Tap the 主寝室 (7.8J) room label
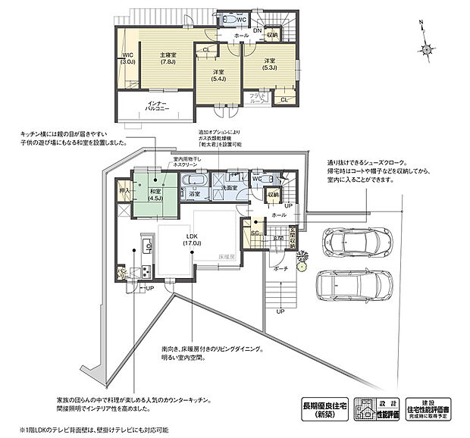click(168, 58)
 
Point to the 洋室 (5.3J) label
click(270, 64)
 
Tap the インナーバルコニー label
click(158, 107)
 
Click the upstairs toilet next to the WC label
click(228, 20)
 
